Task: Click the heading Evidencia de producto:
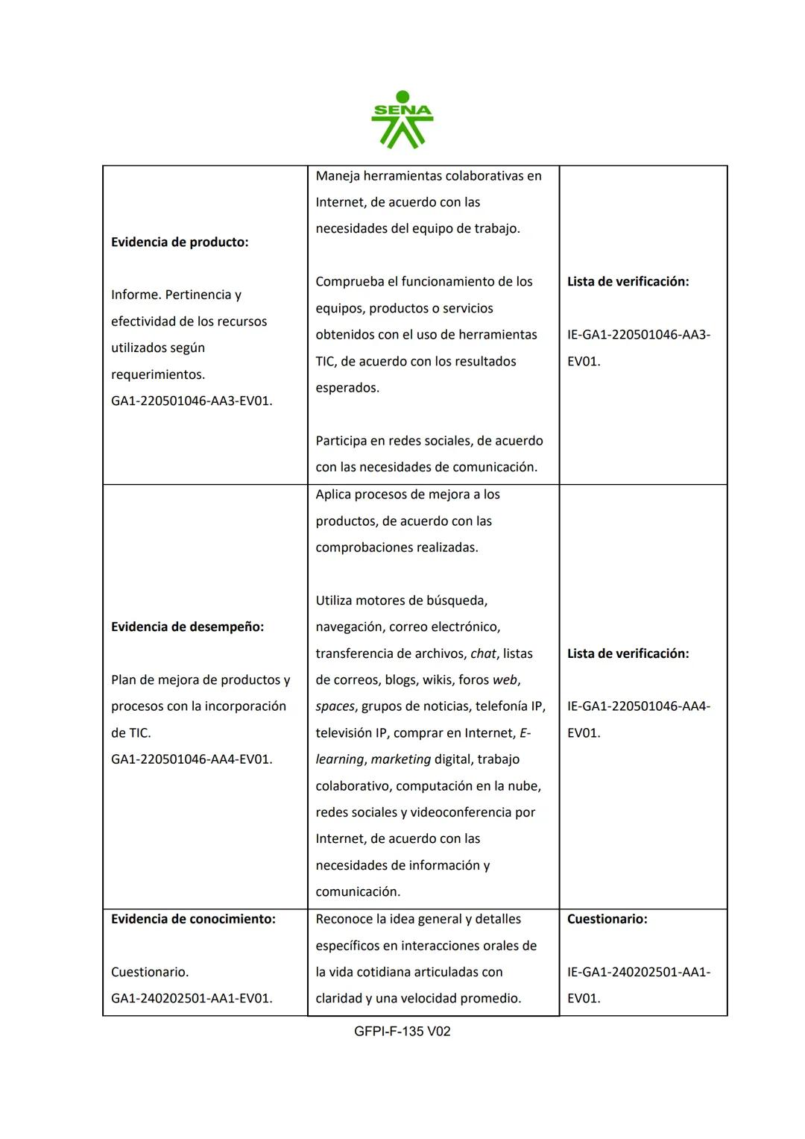click(180, 242)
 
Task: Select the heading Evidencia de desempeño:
click(187, 627)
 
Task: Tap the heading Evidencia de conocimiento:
click(193, 919)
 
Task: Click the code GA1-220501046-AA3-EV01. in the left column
click(192, 401)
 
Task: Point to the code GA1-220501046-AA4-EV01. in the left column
click(192, 759)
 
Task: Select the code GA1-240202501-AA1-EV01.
click(192, 998)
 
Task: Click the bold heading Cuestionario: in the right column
click(607, 919)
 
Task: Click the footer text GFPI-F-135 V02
click(402, 1031)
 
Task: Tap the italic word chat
click(483, 653)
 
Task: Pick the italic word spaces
click(335, 706)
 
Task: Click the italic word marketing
click(400, 759)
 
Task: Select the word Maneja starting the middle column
click(339, 176)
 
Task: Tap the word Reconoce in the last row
click(344, 919)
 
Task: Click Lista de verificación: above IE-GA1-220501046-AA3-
click(628, 282)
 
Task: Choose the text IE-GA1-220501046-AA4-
click(638, 706)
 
